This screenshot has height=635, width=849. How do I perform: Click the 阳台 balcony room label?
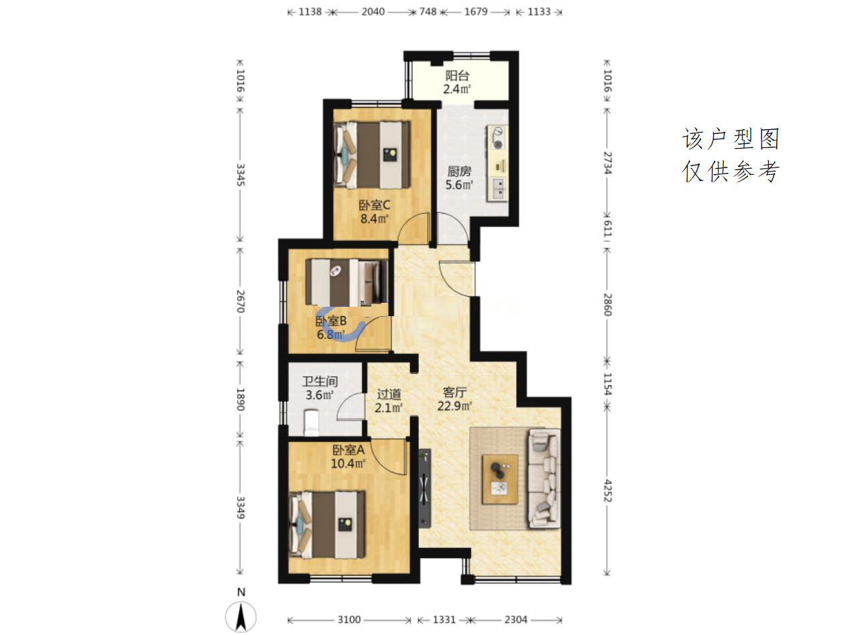click(457, 75)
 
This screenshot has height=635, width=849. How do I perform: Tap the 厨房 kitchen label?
click(459, 171)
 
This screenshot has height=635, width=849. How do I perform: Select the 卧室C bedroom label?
click(374, 205)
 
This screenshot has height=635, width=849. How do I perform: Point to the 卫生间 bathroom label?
click(320, 381)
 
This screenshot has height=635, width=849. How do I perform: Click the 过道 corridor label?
click(389, 394)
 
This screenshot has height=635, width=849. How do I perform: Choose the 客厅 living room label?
click(454, 393)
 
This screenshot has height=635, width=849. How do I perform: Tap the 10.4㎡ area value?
click(348, 464)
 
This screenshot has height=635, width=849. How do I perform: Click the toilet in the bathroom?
click(311, 423)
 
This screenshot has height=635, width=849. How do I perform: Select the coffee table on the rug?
click(500, 480)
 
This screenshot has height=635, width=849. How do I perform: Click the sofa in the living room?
click(544, 478)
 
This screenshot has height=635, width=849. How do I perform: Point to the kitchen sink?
click(498, 189)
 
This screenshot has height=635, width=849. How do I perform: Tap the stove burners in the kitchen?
click(497, 137)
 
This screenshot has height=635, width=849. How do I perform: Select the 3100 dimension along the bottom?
click(349, 620)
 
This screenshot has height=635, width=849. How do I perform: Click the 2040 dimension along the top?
click(373, 12)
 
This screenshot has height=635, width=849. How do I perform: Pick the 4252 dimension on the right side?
click(607, 490)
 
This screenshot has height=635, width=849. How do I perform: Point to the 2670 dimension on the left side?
click(240, 301)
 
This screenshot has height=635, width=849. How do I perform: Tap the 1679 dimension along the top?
click(476, 12)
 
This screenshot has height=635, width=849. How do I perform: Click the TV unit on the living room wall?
click(424, 488)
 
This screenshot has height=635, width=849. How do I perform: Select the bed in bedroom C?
click(371, 155)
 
